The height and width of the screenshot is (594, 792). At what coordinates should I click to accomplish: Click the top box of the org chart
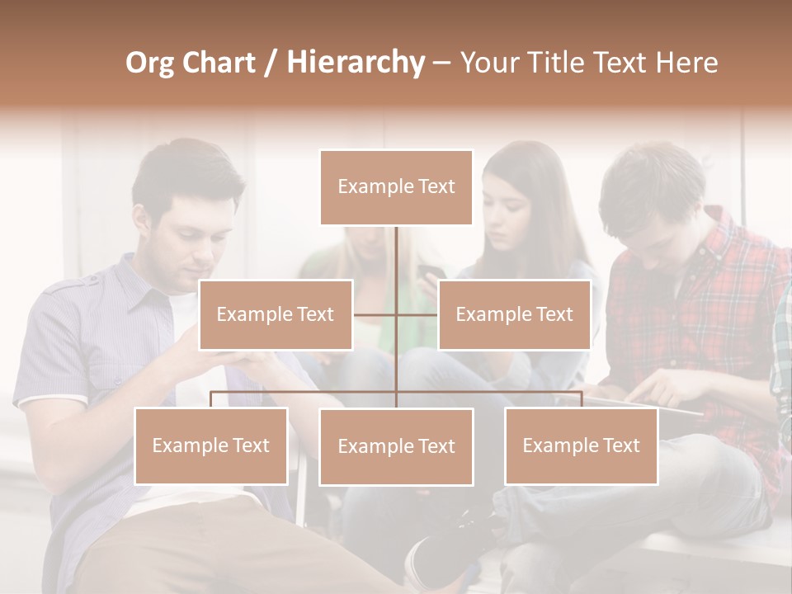[396, 187]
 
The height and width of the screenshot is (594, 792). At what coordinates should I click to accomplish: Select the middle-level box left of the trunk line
[276, 314]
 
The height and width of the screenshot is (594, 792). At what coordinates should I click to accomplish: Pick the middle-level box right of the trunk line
[514, 314]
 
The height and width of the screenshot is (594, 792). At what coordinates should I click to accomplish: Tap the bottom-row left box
[211, 445]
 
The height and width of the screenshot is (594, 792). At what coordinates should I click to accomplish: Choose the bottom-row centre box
[396, 446]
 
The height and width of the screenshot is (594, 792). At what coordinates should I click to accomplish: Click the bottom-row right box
[581, 445]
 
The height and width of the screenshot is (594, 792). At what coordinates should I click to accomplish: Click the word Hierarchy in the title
[356, 62]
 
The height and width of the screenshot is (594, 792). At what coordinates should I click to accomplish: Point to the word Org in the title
[149, 62]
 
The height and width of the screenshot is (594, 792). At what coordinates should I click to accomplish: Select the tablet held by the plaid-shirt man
[660, 406]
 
